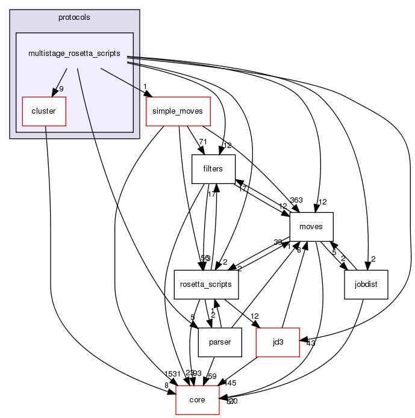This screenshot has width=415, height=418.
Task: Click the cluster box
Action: point(43,111)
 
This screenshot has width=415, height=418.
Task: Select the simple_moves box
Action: point(178,111)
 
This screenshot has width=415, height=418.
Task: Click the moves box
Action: point(311,227)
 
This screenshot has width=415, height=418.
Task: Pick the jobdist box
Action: point(366,284)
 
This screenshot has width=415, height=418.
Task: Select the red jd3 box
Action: point(278,342)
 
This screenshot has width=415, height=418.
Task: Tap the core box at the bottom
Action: point(197,400)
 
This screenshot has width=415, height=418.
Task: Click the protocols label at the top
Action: point(74,17)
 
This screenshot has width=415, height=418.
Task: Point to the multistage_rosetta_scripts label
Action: point(74,54)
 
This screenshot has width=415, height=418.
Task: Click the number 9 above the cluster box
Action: point(61,89)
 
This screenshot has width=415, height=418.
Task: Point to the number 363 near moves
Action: point(296,201)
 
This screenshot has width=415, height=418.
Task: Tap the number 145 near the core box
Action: point(231,383)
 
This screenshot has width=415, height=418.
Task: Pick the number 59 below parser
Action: point(212,377)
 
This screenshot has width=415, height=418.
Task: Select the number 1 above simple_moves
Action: point(145,85)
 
